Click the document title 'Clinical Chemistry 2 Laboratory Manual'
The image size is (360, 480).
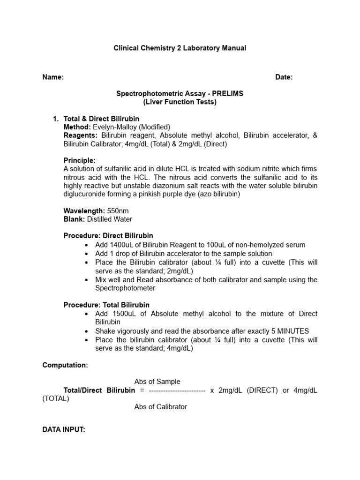pyautogui.click(x=180, y=48)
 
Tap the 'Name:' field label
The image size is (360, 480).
pyautogui.click(x=53, y=77)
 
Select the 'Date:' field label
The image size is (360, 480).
pyautogui.click(x=284, y=77)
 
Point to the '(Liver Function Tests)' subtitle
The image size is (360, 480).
pyautogui.click(x=180, y=102)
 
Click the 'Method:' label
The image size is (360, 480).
pyautogui.click(x=77, y=127)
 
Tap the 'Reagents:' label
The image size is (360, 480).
pyautogui.click(x=80, y=135)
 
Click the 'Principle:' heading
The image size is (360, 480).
pyautogui.click(x=79, y=160)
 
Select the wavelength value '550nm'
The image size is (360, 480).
pyautogui.click(x=118, y=211)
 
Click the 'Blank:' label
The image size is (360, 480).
pyautogui.click(x=74, y=219)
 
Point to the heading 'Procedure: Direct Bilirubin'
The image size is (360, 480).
pyautogui.click(x=108, y=236)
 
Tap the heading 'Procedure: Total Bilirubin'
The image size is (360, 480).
pyautogui.click(x=106, y=305)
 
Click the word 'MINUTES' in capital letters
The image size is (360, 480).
pyautogui.click(x=292, y=331)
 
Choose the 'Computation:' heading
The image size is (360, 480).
pyautogui.click(x=65, y=365)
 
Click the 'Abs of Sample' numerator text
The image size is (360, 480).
pyautogui.click(x=157, y=382)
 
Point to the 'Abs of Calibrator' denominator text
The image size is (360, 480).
pyautogui.click(x=160, y=407)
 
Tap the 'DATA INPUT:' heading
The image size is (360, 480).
pyautogui.click(x=64, y=429)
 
